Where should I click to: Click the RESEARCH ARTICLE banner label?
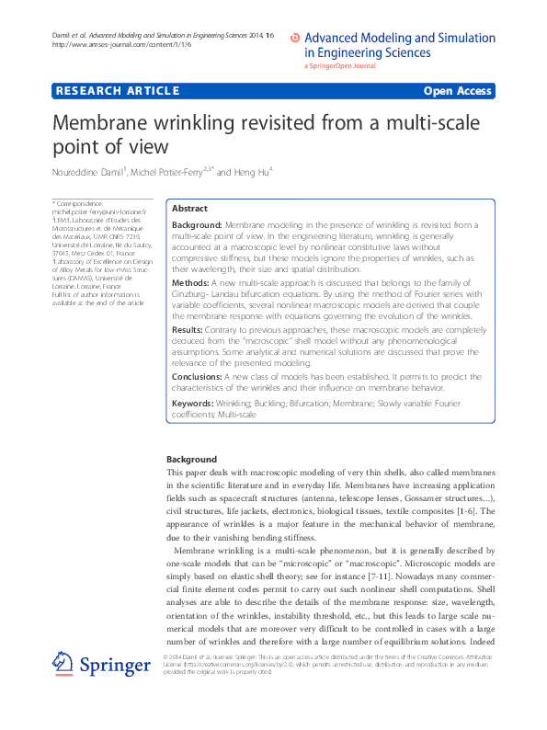(117, 91)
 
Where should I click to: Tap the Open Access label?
(457, 91)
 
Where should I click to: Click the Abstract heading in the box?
(190, 210)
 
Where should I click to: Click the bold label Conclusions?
(197, 377)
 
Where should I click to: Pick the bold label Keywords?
(193, 404)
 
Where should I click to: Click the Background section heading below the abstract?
(192, 459)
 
